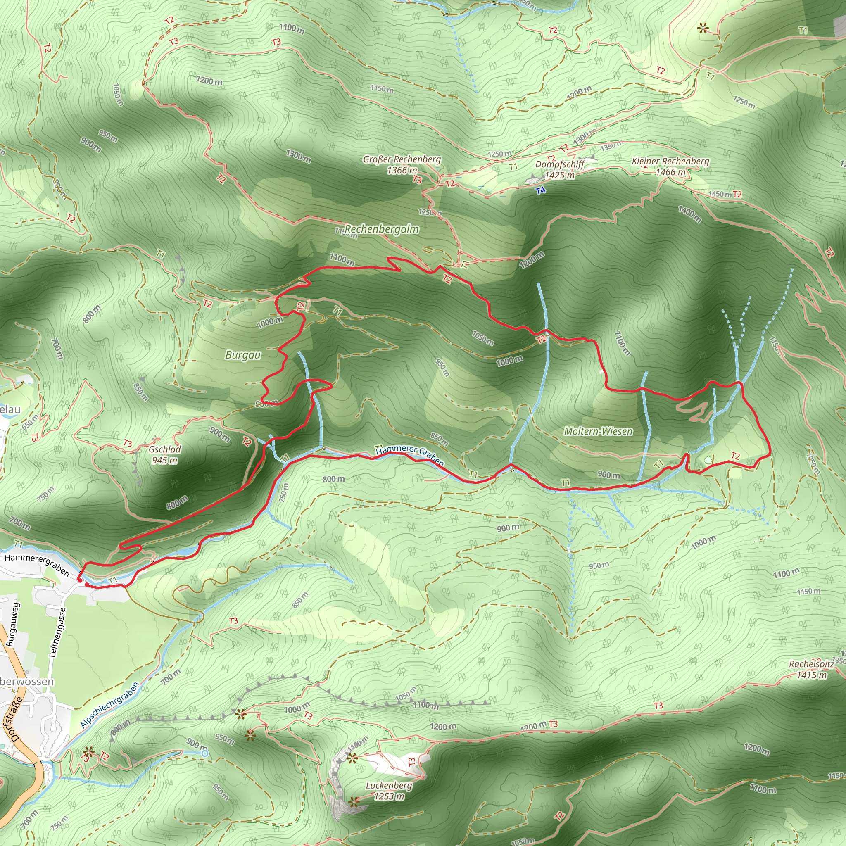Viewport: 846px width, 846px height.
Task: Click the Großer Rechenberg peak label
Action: click(x=402, y=164)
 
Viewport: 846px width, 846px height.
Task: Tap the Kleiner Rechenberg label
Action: click(x=670, y=166)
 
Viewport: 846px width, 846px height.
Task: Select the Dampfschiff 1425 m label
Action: click(x=560, y=169)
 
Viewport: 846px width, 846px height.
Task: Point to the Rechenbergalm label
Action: click(x=381, y=229)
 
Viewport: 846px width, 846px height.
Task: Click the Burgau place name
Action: click(x=243, y=355)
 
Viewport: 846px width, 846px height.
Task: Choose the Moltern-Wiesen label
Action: click(x=598, y=431)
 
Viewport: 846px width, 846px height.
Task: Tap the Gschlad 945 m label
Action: click(x=165, y=454)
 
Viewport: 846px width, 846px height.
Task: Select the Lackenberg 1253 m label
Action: click(x=389, y=791)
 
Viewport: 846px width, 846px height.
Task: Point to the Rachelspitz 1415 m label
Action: click(x=811, y=669)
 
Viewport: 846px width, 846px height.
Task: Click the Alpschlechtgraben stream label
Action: click(x=110, y=705)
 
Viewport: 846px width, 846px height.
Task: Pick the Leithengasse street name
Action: click(x=57, y=632)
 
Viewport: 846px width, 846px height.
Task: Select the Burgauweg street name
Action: click(x=13, y=625)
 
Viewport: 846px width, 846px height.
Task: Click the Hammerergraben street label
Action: click(x=37, y=564)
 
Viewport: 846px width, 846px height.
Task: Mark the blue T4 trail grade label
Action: click(x=541, y=190)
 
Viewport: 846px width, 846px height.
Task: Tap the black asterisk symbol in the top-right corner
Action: click(x=703, y=29)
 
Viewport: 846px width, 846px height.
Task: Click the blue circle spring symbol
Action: click(x=204, y=753)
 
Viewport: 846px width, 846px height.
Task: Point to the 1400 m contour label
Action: click(x=689, y=214)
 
